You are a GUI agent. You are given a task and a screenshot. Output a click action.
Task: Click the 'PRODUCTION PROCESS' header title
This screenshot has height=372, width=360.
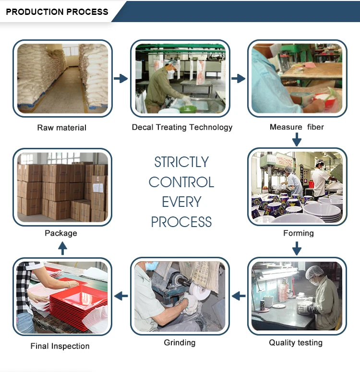(x=57, y=12)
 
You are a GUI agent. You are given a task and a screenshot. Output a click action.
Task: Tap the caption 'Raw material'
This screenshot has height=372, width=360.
(x=62, y=128)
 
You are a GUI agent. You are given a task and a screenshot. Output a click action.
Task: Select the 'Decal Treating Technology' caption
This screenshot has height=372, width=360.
(x=182, y=127)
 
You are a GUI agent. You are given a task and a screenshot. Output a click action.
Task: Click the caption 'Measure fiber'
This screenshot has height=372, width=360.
(x=297, y=127)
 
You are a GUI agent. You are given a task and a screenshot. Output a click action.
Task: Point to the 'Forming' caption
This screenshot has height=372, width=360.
(x=298, y=233)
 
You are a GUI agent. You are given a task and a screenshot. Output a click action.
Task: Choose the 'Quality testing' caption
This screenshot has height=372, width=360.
(x=296, y=343)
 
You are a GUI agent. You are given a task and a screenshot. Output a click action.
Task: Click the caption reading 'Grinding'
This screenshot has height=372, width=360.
(x=180, y=343)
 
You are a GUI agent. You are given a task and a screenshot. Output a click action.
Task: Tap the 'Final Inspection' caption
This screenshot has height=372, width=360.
(x=60, y=346)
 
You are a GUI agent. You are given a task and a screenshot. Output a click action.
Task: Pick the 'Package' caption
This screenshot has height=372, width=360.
(x=61, y=233)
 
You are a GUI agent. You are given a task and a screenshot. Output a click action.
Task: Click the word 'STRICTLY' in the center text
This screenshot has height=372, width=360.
(x=181, y=162)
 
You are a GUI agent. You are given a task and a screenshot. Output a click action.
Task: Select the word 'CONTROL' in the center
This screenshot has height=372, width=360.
(x=181, y=182)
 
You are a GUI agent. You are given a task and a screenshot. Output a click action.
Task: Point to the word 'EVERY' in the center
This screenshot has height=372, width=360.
(x=181, y=202)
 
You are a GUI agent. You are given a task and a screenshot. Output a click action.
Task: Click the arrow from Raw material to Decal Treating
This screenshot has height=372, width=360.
(x=121, y=78)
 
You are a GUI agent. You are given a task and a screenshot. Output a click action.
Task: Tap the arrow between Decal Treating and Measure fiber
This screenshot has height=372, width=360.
(x=238, y=78)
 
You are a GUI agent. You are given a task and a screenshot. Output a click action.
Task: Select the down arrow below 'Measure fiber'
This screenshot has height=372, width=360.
(x=297, y=140)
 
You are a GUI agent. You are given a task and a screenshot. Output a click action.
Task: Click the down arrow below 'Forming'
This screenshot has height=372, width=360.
(x=297, y=248)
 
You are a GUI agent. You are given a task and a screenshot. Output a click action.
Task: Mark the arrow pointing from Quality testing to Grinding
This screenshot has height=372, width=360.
(x=239, y=296)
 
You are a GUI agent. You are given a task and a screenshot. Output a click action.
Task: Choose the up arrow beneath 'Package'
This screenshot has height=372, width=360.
(x=62, y=248)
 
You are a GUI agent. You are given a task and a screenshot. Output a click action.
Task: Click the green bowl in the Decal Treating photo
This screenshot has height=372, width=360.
(x=187, y=109)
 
